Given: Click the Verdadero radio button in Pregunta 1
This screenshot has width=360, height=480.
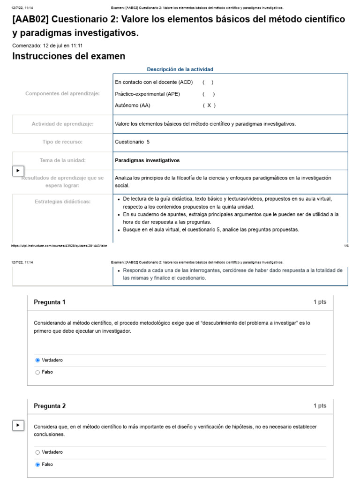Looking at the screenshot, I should click(37, 360).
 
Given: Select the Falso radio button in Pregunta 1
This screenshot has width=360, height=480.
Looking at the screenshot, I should click(37, 372).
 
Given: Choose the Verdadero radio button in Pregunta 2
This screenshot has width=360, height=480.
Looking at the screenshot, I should click(37, 452).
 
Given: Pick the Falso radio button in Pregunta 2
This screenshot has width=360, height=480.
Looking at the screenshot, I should click(37, 465).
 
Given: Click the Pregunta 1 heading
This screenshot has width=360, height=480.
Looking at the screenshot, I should click(50, 302).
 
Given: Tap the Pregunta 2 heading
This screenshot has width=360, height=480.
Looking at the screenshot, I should click(50, 406).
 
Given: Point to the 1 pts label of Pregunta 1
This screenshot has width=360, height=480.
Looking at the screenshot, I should click(320, 302).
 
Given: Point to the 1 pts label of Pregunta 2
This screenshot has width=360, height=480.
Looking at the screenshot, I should click(320, 406).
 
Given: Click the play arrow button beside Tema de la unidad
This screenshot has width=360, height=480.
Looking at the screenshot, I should click(18, 171).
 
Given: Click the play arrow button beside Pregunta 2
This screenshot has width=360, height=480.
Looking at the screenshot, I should click(18, 425).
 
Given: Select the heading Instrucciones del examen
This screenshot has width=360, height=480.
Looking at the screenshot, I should click(68, 56).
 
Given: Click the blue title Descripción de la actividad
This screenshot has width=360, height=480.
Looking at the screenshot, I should click(180, 69).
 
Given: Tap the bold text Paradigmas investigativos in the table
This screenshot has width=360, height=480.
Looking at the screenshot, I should click(147, 160).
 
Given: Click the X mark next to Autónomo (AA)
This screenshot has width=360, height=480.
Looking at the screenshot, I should click(209, 105).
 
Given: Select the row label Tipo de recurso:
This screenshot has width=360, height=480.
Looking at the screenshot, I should click(62, 142).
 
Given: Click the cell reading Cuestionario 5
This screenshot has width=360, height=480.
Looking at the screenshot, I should click(132, 142).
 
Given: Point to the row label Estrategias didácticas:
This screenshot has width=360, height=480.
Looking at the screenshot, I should click(62, 202).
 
